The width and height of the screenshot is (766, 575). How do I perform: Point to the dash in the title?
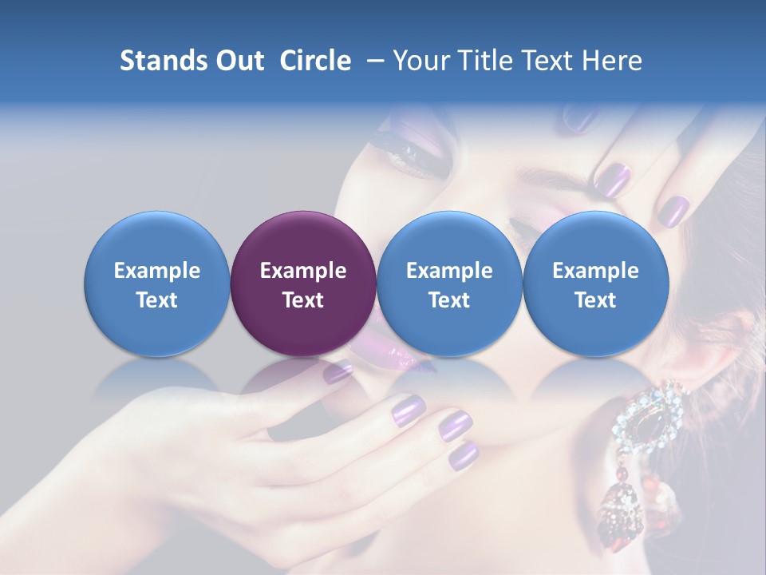click(372, 61)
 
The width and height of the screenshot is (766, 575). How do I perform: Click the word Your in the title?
click(420, 61)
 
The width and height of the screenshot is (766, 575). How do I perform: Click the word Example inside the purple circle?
click(303, 271)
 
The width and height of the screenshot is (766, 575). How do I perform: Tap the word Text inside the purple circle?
click(303, 300)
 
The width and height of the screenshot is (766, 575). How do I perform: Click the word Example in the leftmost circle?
click(156, 271)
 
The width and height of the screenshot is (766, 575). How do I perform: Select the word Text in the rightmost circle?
click(595, 300)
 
